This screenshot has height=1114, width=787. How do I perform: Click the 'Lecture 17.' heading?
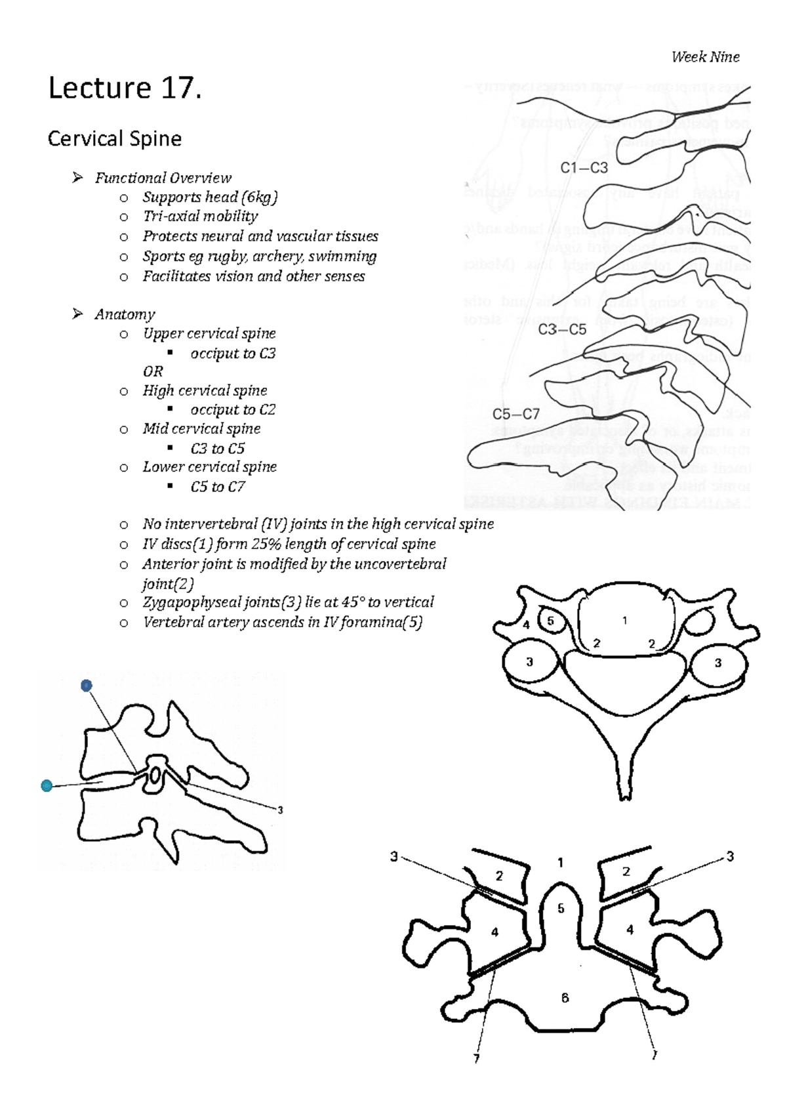[125, 88]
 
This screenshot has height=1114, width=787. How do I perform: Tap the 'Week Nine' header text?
[705, 57]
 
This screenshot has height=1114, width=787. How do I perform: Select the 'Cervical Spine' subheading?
[115, 138]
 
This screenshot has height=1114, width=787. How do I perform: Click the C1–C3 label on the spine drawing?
[584, 168]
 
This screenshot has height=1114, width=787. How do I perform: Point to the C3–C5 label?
[562, 329]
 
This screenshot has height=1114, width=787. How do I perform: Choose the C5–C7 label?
[516, 414]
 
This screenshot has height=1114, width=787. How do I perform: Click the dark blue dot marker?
[87, 686]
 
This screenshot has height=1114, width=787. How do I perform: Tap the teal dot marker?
[47, 785]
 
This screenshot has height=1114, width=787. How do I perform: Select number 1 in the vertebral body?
[625, 620]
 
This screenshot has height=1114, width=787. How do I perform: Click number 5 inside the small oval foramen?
[551, 620]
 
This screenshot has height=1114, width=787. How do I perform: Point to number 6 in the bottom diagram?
[565, 998]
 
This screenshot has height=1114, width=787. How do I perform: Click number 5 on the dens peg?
[561, 909]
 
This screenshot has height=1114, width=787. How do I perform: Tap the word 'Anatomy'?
[125, 314]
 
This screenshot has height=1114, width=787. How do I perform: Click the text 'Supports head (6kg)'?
[210, 197]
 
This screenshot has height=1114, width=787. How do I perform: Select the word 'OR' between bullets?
[153, 371]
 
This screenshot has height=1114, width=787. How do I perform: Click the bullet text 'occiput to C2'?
[233, 409]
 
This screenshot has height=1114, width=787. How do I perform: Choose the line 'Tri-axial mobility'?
[200, 217]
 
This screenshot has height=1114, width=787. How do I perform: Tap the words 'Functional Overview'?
[163, 178]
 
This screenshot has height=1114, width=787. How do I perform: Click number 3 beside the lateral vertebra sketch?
[280, 810]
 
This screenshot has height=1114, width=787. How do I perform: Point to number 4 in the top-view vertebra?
[526, 625]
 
